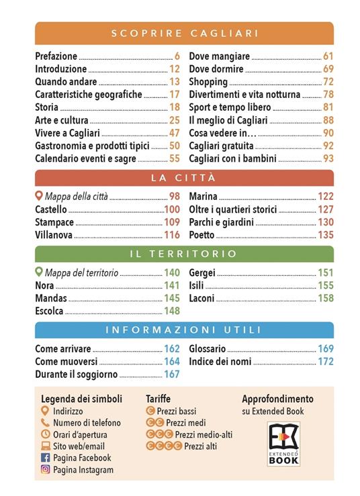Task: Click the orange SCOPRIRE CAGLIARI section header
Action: (x=184, y=33)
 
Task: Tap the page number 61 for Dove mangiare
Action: (x=328, y=56)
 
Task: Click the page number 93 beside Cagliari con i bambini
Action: (x=328, y=158)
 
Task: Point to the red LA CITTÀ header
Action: (x=184, y=178)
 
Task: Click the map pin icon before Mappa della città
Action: (x=39, y=197)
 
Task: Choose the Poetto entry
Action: (x=201, y=235)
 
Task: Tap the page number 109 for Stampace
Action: (x=172, y=222)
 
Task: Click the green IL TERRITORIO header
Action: (x=184, y=254)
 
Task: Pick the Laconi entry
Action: (x=202, y=298)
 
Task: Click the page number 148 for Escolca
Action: (x=172, y=311)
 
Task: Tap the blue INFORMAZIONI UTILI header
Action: (x=184, y=330)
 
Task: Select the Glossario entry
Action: (x=208, y=349)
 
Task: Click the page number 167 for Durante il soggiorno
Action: (x=172, y=375)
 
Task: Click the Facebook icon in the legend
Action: (x=46, y=458)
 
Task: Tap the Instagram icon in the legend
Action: (x=46, y=470)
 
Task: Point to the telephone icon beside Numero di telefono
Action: (x=46, y=423)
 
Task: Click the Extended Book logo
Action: (x=283, y=444)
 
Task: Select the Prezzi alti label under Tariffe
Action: (x=200, y=446)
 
